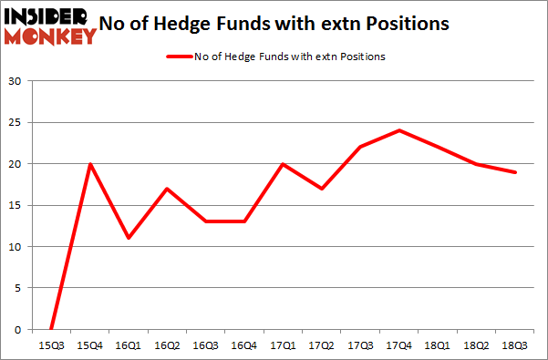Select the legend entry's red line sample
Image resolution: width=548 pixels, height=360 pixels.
click(177, 57)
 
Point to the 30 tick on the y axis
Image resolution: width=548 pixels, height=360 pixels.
click(16, 81)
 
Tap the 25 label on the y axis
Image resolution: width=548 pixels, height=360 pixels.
click(16, 122)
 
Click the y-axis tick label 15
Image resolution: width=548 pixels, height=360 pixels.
click(16, 205)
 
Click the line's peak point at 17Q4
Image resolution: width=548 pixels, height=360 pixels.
click(399, 130)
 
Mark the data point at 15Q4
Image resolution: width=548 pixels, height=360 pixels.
click(90, 164)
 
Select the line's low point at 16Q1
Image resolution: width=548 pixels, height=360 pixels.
click(129, 238)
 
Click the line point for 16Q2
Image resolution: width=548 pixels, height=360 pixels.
click(167, 189)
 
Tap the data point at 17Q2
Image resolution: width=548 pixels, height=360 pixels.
click(322, 189)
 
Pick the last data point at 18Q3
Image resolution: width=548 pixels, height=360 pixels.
click(515, 172)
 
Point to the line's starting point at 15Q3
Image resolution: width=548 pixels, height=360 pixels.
click(51, 329)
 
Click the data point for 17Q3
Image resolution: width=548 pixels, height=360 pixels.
click(360, 147)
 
